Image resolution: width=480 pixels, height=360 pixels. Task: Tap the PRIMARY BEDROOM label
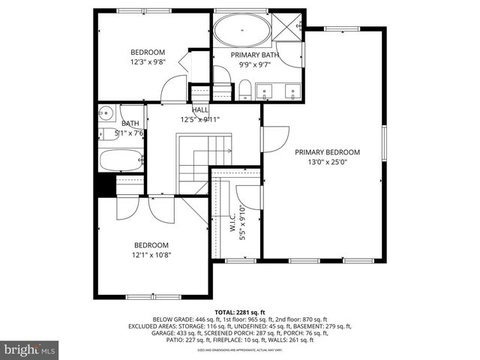click(x=327, y=152)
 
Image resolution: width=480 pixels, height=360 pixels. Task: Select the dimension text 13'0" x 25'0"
click(x=327, y=162)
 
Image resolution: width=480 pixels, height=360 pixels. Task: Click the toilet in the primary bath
click(x=245, y=91)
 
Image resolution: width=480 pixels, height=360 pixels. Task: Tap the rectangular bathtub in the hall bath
click(x=121, y=160)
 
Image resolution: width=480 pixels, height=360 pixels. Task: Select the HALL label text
click(x=200, y=110)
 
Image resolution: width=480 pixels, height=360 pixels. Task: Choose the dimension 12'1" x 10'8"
click(x=151, y=255)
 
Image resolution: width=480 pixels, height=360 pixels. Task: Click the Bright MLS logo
click(x=30, y=349)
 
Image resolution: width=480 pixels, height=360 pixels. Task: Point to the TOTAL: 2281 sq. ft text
click(x=240, y=311)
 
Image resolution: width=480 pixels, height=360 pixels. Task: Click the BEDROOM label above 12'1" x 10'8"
click(x=151, y=245)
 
